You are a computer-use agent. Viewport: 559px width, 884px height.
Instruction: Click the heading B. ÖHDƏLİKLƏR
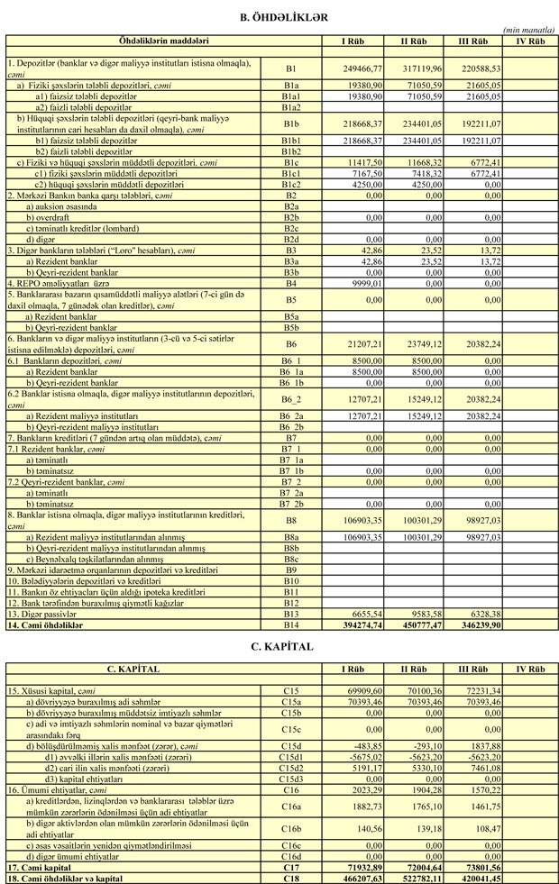[279, 17]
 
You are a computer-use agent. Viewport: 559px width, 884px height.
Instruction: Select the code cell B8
[290, 520]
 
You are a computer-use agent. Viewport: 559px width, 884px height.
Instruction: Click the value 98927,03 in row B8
[477, 520]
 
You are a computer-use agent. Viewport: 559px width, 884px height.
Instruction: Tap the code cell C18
[290, 876]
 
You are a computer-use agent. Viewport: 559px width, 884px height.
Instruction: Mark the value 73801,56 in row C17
[477, 866]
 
